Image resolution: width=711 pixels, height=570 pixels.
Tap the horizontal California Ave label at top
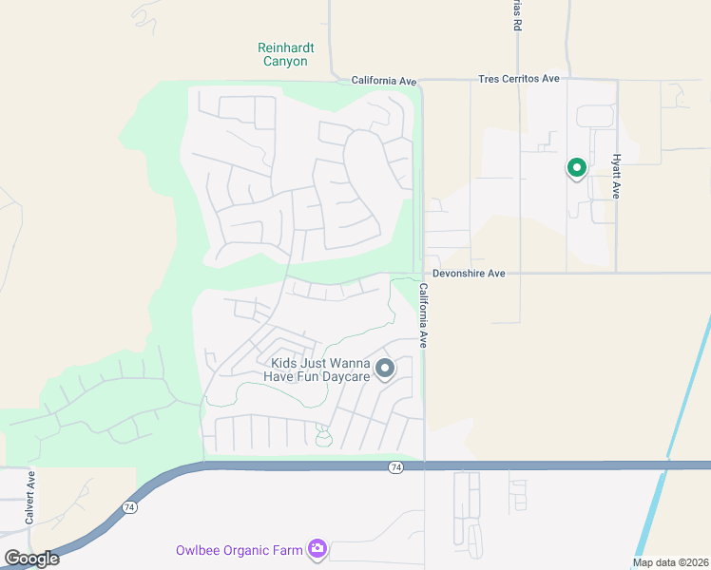[384, 81]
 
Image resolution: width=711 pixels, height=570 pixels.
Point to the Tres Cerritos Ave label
[519, 79]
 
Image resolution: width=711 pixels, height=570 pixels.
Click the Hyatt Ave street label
[616, 176]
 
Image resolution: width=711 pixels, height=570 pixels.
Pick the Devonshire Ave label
[469, 274]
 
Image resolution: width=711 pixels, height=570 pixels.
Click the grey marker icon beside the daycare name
[385, 368]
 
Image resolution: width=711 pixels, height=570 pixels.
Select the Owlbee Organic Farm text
[239, 550]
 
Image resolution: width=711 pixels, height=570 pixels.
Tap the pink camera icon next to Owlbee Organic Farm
[317, 548]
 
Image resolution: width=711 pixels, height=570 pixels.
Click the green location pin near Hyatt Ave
[576, 168]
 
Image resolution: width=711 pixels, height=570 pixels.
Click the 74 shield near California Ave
[396, 466]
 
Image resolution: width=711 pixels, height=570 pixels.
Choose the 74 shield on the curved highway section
[128, 509]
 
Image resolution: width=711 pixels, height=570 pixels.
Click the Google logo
[31, 559]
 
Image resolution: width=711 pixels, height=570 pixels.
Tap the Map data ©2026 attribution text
[669, 562]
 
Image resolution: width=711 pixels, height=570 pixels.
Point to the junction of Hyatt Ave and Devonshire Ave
[616, 273]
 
